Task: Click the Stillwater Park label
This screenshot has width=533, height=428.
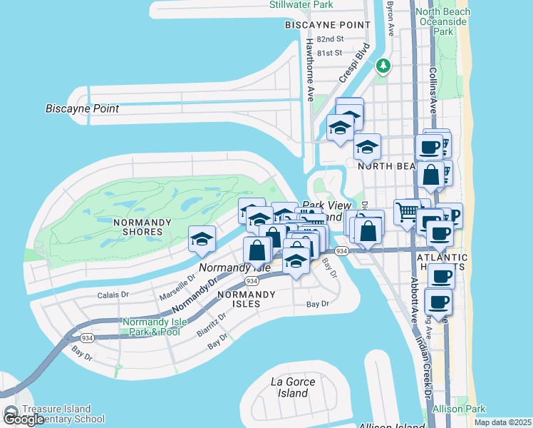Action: click(301, 5)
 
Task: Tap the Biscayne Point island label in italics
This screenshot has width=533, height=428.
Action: click(82, 109)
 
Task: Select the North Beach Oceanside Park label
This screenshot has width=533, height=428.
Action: click(443, 21)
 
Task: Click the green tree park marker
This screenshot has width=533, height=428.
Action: click(384, 66)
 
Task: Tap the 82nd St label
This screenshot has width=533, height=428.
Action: click(330, 39)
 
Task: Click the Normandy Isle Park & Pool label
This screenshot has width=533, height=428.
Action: click(155, 327)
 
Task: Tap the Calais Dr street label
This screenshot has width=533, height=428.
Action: click(113, 294)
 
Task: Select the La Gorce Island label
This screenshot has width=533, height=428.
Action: click(293, 387)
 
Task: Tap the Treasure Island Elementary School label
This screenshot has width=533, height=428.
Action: click(63, 414)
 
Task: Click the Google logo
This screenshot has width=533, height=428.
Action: click(23, 419)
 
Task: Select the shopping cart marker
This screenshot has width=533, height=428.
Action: click(406, 211)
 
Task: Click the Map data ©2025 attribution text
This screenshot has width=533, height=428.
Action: click(502, 422)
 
